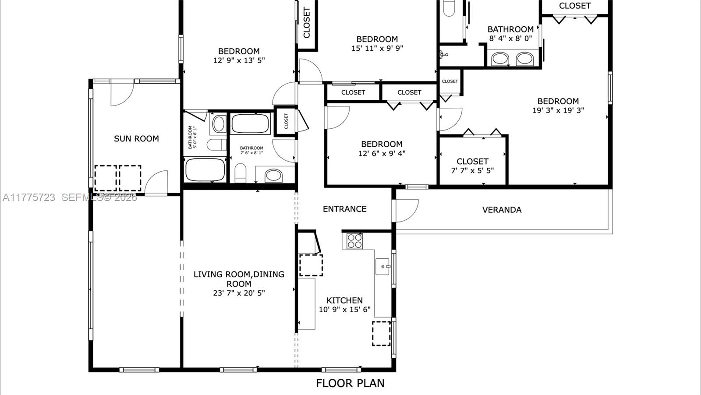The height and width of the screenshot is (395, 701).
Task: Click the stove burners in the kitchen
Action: (x=354, y=241)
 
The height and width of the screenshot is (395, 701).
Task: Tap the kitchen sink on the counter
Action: (x=382, y=266)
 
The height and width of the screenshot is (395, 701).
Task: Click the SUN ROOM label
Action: (x=136, y=139)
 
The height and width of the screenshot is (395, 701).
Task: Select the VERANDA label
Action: (x=502, y=210)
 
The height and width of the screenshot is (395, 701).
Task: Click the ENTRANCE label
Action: (x=344, y=209)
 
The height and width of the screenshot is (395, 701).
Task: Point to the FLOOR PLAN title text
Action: (x=350, y=383)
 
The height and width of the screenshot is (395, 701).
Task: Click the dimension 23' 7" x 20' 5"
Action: (x=239, y=293)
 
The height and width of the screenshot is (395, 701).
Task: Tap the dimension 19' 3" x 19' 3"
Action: (x=558, y=110)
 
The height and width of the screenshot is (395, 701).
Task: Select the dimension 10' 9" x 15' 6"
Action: (x=344, y=310)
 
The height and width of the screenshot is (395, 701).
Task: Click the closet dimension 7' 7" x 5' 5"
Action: (x=472, y=170)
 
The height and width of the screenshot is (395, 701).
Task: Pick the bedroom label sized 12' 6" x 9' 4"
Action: (x=382, y=144)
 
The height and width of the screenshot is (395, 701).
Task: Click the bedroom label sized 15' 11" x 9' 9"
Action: (x=377, y=39)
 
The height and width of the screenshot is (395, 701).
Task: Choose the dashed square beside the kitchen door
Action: (x=311, y=265)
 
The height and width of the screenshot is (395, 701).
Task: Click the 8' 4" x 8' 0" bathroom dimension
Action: (x=510, y=39)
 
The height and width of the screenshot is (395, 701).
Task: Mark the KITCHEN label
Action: (x=344, y=300)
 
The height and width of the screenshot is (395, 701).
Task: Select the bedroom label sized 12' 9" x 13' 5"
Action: (x=239, y=51)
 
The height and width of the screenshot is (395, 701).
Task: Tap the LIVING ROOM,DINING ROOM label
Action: (x=239, y=279)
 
